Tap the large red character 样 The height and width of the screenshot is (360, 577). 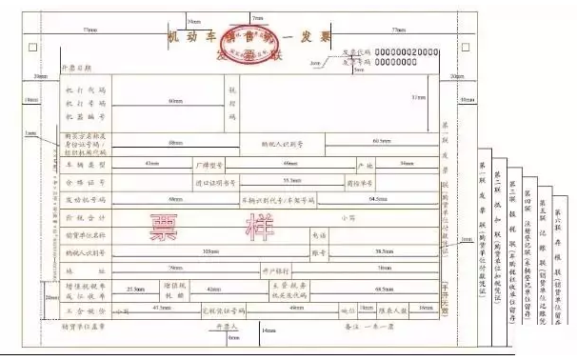(239, 225)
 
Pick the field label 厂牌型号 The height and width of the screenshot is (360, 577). (207, 164)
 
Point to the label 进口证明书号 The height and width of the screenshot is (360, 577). (214, 181)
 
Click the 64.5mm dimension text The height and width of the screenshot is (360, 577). (378, 199)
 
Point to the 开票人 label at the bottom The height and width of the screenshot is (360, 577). (226, 325)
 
